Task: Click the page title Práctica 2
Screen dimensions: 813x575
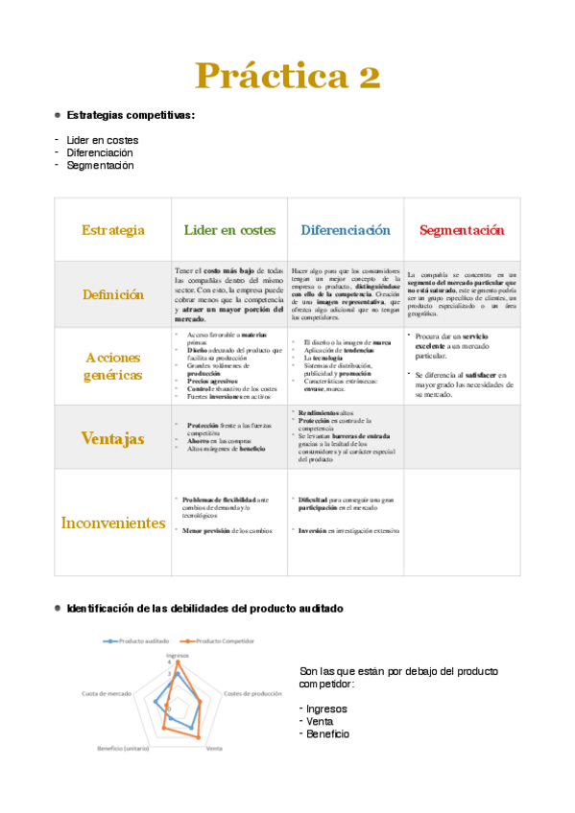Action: coord(287,75)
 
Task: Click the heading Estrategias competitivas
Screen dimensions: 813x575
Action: coord(131,115)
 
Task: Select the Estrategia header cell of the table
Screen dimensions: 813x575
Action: coord(113,230)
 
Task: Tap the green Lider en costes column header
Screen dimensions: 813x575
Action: coord(229,230)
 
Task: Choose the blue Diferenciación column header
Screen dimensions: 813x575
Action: coord(346,230)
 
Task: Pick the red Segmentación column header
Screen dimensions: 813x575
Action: coord(462,230)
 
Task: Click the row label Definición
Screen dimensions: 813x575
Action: coord(113,294)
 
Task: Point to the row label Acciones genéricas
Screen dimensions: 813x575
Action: coord(113,366)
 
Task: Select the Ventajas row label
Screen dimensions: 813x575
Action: coord(113,438)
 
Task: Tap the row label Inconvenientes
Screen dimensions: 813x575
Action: coord(113,523)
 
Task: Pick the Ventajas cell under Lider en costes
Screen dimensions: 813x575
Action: coord(229,436)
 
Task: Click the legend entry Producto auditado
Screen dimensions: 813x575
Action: coord(142,640)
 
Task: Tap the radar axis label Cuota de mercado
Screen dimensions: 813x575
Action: coord(107,693)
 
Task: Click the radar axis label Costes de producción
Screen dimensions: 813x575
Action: coord(252,693)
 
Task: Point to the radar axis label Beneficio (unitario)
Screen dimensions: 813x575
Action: coord(124,748)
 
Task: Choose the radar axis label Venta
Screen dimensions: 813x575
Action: coord(215,748)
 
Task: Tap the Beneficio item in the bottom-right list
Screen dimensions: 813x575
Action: coord(328,733)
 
